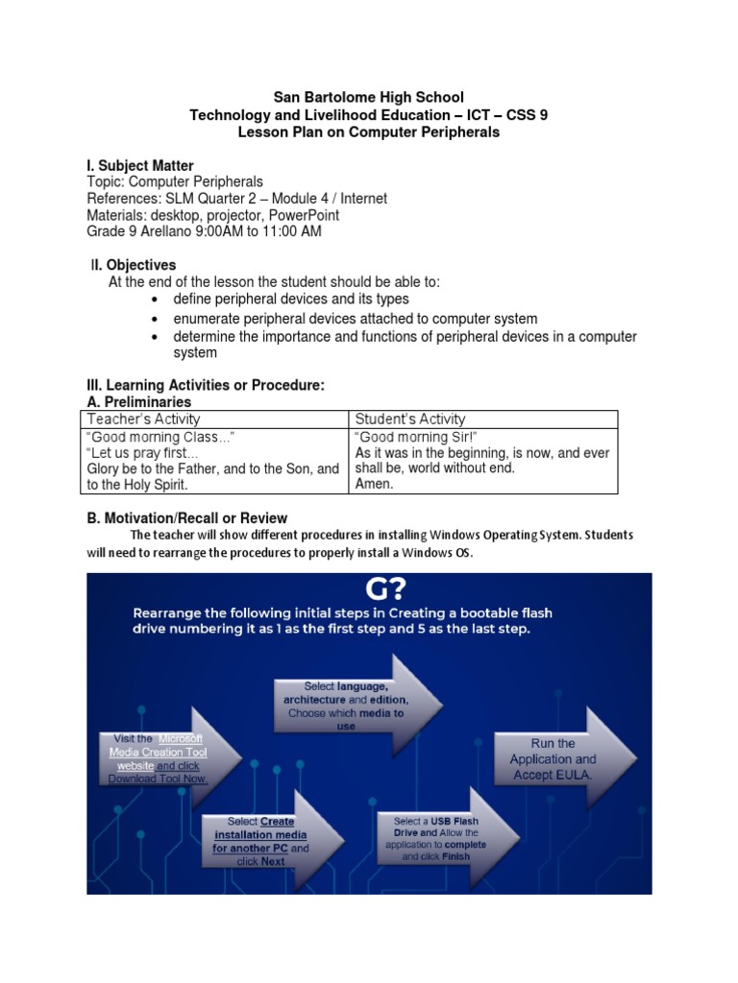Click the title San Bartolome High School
click(369, 97)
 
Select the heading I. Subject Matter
click(140, 166)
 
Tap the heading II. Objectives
click(134, 265)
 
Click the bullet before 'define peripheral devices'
click(154, 300)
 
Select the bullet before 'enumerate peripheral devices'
click(154, 319)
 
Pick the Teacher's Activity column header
click(143, 419)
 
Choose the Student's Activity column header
click(410, 419)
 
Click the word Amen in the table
click(374, 484)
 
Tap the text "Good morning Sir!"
click(409, 437)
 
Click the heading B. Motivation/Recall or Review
click(187, 518)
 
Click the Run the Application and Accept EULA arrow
click(557, 758)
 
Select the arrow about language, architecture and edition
click(351, 705)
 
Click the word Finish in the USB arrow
click(456, 856)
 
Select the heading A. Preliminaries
click(139, 402)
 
